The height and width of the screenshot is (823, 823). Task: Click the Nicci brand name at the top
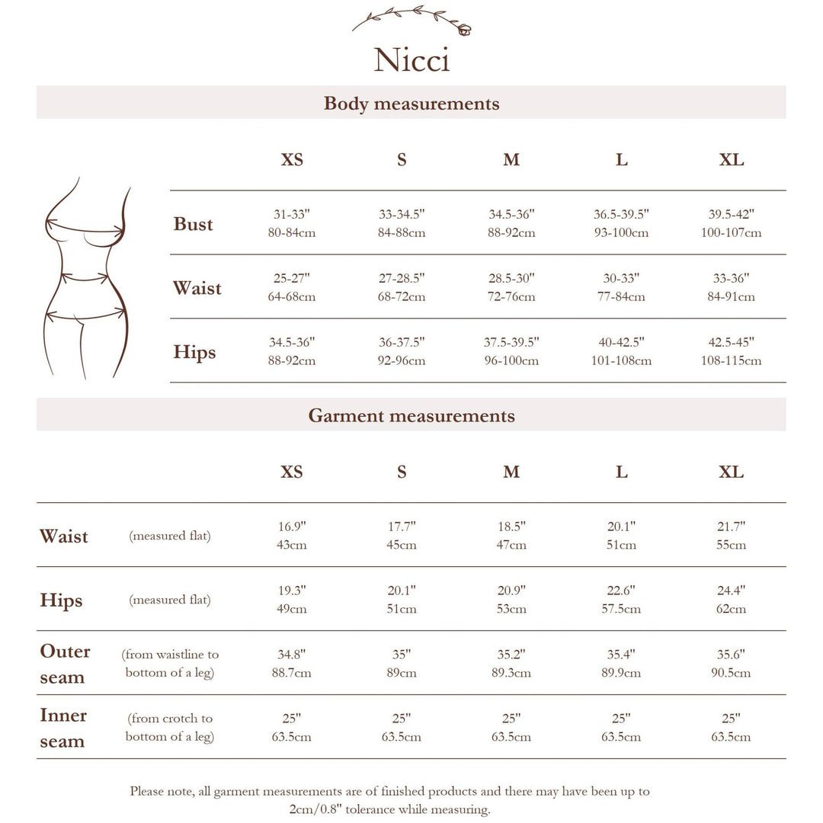[411, 60]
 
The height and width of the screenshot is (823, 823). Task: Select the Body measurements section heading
[411, 103]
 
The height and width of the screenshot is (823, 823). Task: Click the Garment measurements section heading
[411, 415]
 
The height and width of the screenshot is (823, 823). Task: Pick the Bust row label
[193, 224]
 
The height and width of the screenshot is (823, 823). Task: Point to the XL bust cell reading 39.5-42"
[731, 223]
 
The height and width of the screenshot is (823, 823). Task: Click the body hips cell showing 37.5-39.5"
[511, 351]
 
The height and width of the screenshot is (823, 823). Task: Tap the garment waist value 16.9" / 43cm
[291, 536]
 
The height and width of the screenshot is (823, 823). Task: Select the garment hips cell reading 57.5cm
[621, 600]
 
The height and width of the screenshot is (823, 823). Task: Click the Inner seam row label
[63, 728]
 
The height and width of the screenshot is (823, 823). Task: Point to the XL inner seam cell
[731, 728]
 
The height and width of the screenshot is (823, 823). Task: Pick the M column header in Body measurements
[511, 160]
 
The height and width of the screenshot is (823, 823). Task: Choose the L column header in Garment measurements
[621, 472]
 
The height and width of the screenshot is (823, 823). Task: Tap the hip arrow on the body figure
[85, 313]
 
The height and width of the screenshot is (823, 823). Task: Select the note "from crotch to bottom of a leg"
[170, 728]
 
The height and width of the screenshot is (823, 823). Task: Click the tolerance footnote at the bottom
[389, 800]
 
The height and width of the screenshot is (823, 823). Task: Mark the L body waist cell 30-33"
[621, 287]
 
